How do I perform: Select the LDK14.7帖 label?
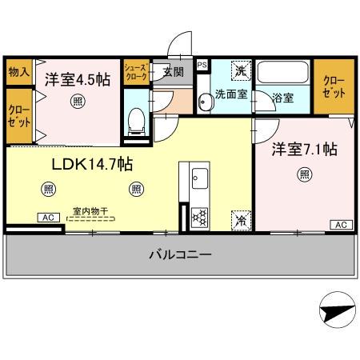[x=92, y=164]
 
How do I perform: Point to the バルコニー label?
[x=179, y=256]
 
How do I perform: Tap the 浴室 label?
[x=283, y=98]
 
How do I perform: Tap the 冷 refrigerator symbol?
[x=239, y=217]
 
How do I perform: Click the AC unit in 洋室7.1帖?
[x=338, y=224]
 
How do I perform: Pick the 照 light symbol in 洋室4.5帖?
[x=77, y=101]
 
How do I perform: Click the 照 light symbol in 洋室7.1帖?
[x=305, y=174]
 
